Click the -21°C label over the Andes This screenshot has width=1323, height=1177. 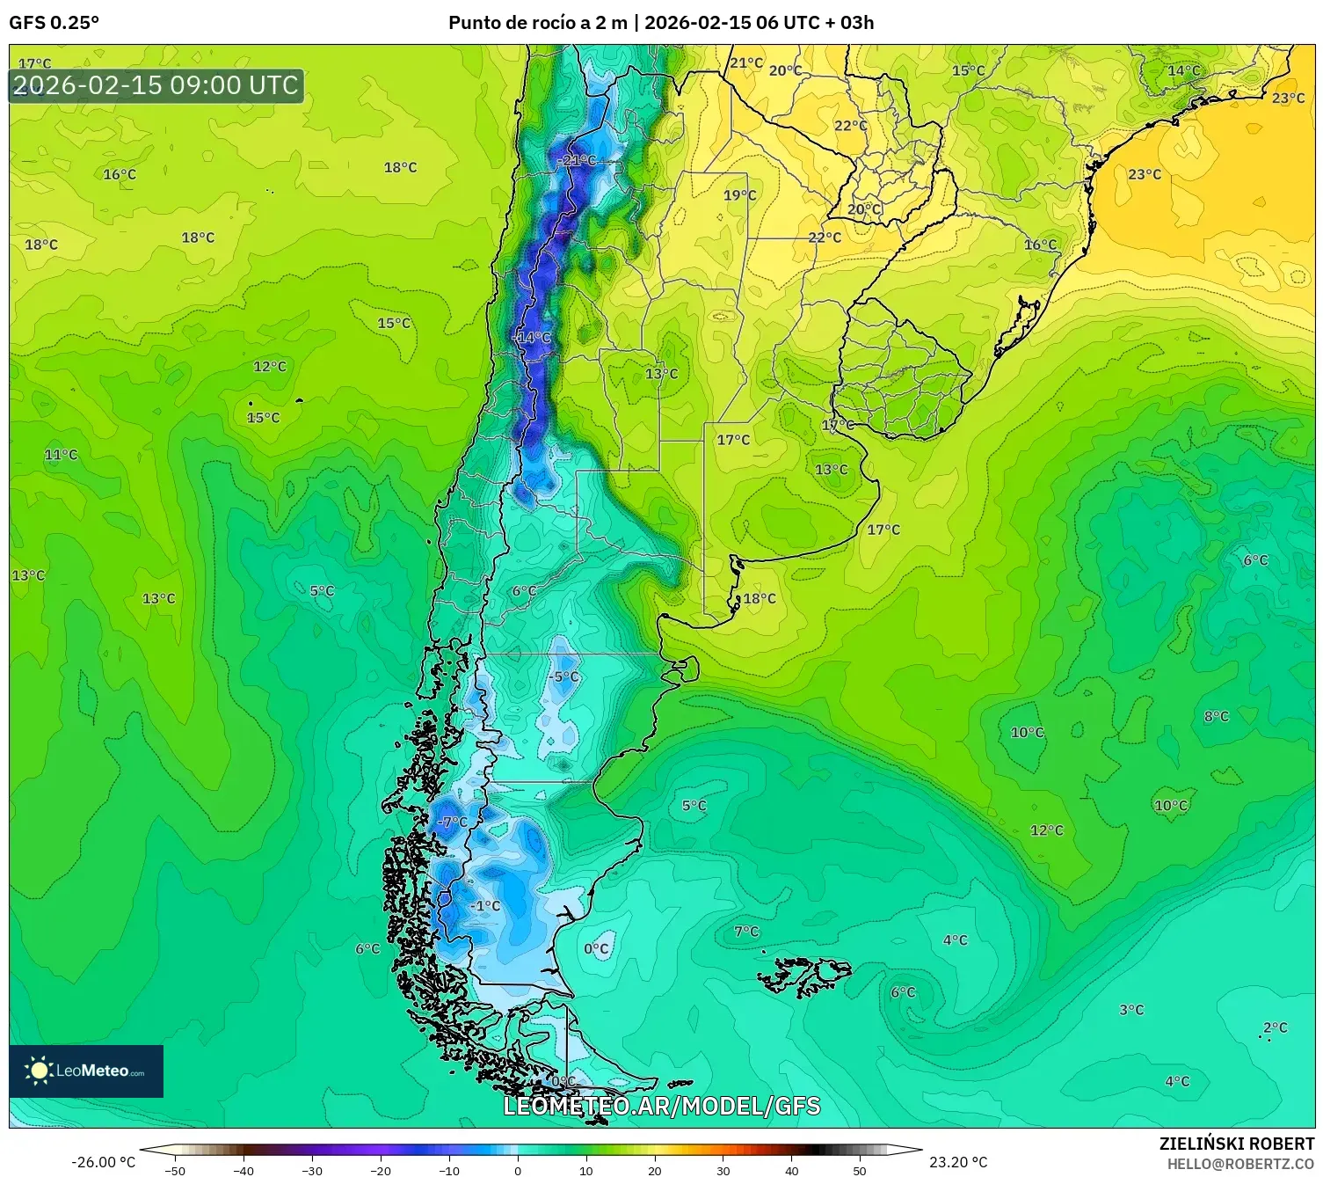[x=577, y=160]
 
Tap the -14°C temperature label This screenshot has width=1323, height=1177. [x=532, y=338]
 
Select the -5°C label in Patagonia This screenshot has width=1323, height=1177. [x=563, y=676]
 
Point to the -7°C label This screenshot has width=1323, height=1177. [x=452, y=822]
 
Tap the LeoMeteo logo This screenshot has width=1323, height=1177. [x=86, y=1071]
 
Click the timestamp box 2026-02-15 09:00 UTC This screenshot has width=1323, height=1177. [x=156, y=85]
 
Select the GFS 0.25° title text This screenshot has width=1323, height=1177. [x=54, y=23]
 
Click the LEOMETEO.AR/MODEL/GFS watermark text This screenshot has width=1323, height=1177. [x=661, y=1106]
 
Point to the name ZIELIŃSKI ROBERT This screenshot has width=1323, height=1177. [x=1236, y=1144]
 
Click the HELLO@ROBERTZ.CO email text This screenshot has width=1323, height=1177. [x=1240, y=1164]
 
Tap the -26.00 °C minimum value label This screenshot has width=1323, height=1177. [x=103, y=1162]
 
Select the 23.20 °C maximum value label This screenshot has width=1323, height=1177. [x=958, y=1162]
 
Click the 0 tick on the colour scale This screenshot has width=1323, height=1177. [x=518, y=1170]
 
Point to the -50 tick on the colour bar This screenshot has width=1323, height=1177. [x=175, y=1170]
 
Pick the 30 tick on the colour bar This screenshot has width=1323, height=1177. [x=723, y=1170]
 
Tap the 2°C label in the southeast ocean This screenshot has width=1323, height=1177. [x=1275, y=1027]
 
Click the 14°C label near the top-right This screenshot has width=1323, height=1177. [x=1183, y=70]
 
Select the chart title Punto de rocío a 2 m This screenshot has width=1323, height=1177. [x=537, y=23]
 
